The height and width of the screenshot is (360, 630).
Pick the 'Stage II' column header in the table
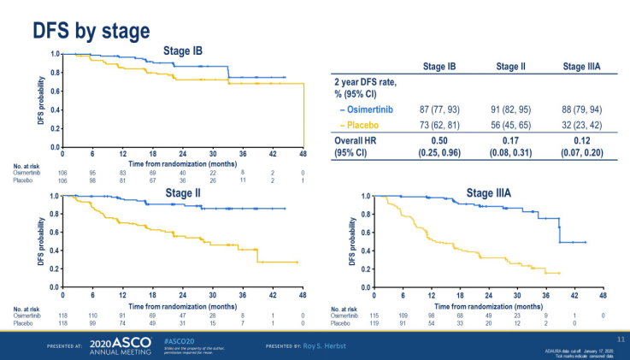tap(511, 65)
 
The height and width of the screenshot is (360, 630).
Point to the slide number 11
tap(621, 340)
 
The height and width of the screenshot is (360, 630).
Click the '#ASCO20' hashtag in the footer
tap(175, 339)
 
